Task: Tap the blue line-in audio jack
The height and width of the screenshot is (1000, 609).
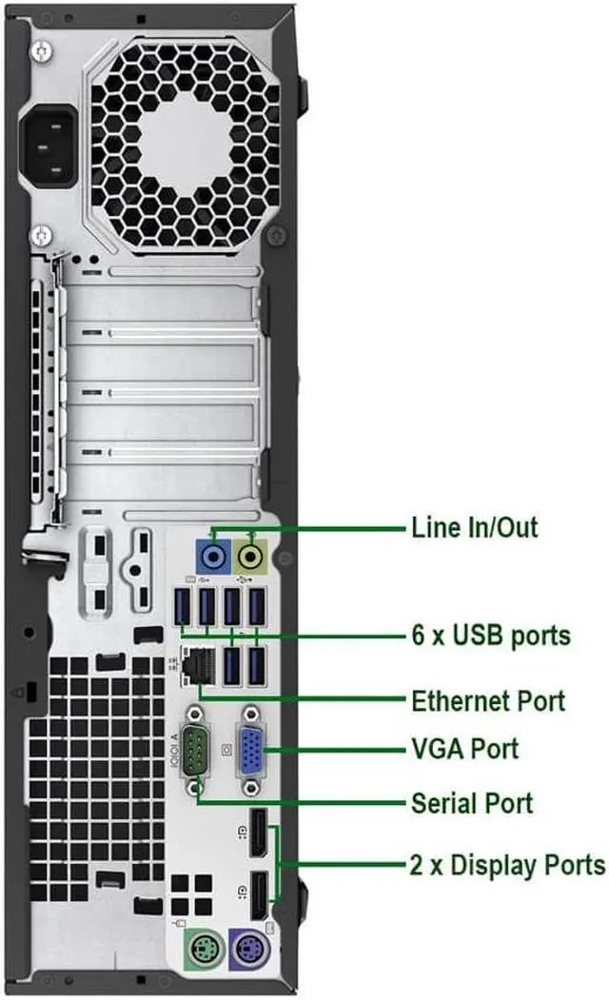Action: click(213, 554)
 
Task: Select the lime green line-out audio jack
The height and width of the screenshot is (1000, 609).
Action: click(251, 554)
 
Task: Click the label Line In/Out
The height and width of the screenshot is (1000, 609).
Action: click(474, 526)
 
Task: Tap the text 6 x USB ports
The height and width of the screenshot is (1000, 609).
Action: click(490, 635)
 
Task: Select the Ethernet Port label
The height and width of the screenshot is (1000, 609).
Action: click(487, 701)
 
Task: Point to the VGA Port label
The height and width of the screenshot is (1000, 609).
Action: click(464, 748)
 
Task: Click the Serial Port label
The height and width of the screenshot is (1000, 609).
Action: click(471, 802)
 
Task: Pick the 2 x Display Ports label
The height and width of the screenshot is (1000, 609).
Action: click(508, 865)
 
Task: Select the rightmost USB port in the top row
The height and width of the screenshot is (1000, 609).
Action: click(255, 607)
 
